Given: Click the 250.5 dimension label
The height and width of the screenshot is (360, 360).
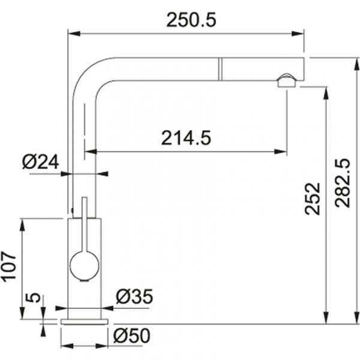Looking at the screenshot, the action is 191,20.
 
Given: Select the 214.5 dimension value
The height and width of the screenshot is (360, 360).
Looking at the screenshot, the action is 186,138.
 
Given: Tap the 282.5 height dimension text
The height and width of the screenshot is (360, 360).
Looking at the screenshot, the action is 343,183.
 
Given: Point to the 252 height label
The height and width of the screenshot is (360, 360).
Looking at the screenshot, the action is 312,199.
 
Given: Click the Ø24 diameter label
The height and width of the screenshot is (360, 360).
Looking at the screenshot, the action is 40,161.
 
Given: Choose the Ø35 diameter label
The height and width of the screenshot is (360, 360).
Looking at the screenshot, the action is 134,296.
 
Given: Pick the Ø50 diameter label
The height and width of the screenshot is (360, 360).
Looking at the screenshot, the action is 132,335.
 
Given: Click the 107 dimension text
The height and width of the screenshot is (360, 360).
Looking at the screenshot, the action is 9,266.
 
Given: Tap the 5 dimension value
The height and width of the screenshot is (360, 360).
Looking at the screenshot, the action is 33,298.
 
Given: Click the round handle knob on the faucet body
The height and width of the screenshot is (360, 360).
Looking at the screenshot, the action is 85,266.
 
